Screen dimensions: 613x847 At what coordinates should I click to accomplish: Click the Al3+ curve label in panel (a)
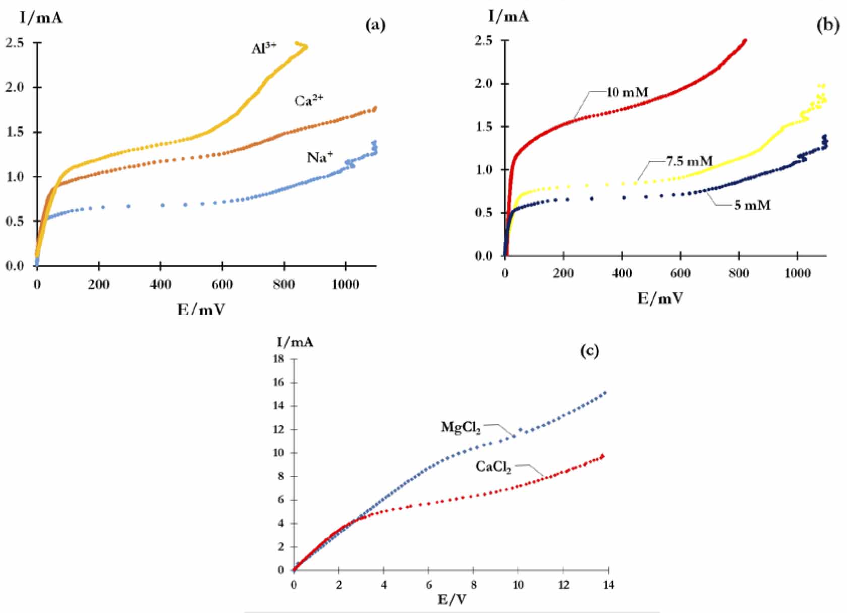(264, 48)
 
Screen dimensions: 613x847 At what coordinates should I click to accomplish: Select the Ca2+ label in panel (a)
(308, 101)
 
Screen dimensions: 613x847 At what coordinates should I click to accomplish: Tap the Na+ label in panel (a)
(320, 157)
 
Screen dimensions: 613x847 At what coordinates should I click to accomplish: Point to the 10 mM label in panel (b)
(627, 92)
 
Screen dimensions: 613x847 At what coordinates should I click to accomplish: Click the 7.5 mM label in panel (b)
(689, 161)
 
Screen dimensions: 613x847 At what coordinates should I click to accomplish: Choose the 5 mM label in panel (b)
(752, 205)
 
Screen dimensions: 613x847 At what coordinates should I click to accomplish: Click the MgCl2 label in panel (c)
(461, 427)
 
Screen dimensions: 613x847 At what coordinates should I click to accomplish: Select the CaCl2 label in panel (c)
(493, 467)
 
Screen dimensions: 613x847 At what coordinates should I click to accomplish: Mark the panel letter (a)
(375, 25)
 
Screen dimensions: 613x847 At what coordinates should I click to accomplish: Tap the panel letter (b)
(827, 25)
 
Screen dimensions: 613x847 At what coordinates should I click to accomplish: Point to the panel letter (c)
(589, 350)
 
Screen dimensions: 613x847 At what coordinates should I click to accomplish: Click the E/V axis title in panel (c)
(451, 600)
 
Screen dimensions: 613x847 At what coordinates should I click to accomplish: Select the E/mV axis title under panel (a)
(201, 309)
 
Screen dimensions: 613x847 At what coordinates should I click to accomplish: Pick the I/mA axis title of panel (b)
(509, 17)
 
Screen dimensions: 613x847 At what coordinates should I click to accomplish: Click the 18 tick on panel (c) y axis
(278, 359)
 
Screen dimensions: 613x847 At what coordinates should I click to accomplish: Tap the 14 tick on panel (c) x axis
(608, 585)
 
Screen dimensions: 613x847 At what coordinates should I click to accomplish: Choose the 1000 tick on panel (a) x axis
(346, 284)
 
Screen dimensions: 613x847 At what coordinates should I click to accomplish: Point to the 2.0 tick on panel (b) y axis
(484, 84)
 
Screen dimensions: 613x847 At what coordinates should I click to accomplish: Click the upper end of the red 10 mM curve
(745, 40)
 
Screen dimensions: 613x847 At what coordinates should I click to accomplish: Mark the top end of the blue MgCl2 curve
(605, 393)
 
